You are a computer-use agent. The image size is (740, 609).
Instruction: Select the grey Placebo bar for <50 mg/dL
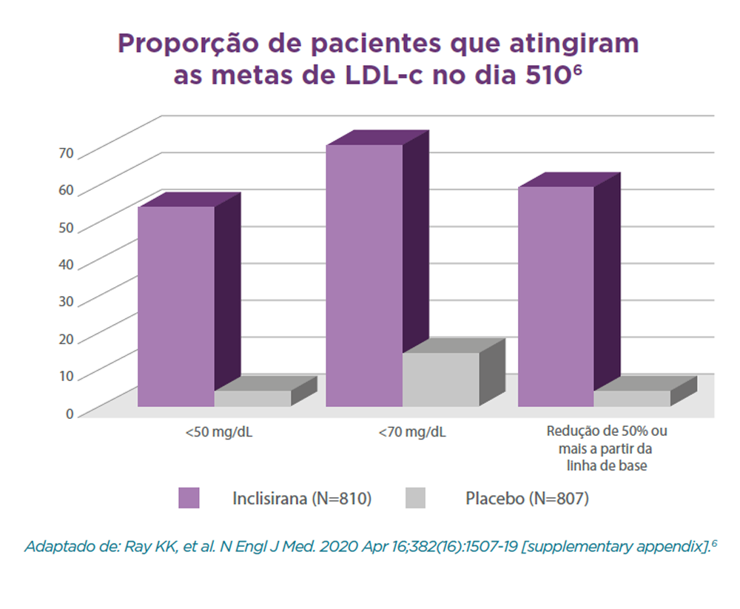pos(252,398)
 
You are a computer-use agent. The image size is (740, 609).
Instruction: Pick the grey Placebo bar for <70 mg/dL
pos(441,379)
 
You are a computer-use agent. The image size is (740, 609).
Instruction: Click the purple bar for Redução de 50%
pos(556,296)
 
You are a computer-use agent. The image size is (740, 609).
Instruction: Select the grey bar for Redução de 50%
pos(632,398)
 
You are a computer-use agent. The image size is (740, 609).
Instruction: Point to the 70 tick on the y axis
pos(66,153)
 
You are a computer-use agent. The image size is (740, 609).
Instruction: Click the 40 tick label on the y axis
pos(66,264)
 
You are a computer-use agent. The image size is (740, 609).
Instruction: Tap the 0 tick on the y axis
pos(70,413)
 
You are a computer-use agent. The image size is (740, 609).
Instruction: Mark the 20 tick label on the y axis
pos(66,339)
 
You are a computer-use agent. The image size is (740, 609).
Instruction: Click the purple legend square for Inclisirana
pos(189,498)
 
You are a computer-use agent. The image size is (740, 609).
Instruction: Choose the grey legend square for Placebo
pos(416,498)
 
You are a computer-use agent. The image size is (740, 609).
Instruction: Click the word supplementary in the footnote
pos(575,548)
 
